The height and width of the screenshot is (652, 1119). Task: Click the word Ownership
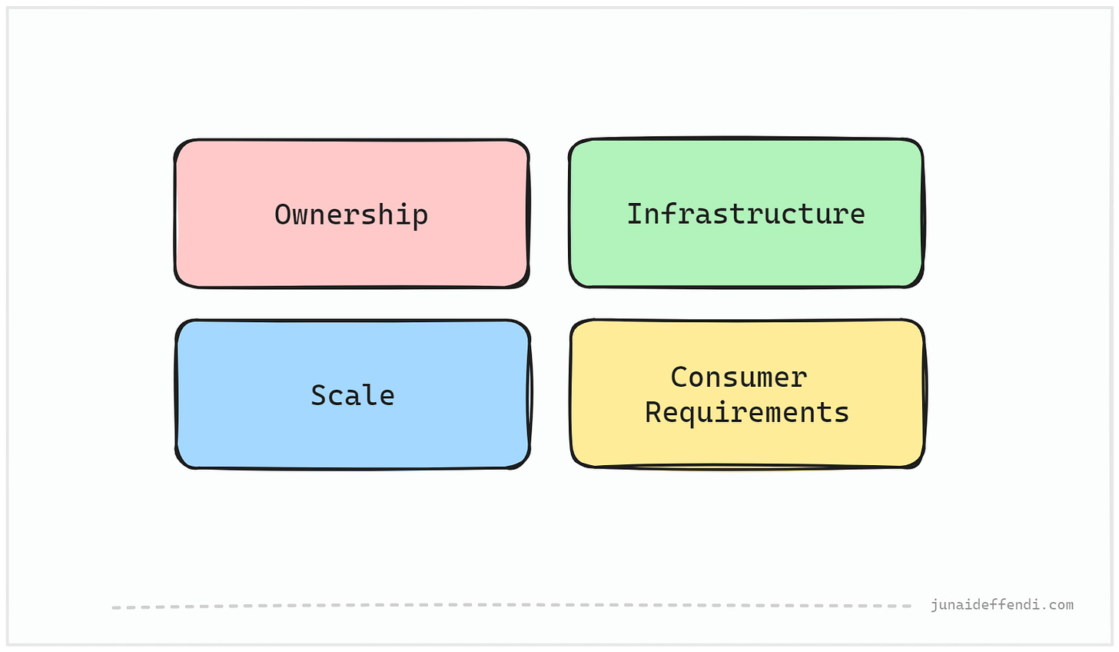click(351, 215)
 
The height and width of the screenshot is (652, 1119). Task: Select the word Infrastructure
click(745, 214)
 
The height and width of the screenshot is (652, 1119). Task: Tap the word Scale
click(352, 395)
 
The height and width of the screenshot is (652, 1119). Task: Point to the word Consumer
click(739, 378)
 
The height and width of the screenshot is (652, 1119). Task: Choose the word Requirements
click(746, 413)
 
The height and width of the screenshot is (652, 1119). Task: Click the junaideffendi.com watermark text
click(1001, 605)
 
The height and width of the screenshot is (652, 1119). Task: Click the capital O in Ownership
click(283, 215)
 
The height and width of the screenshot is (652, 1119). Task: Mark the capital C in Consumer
click(679, 378)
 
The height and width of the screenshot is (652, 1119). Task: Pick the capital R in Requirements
click(652, 413)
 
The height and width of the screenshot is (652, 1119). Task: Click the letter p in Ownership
click(420, 217)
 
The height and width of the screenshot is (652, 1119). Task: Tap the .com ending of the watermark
click(1058, 605)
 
